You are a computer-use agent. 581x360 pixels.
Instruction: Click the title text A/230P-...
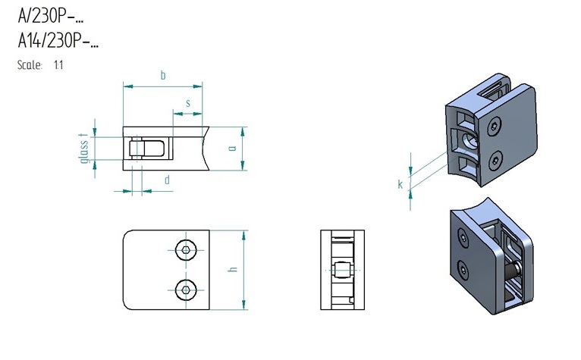point(51,16)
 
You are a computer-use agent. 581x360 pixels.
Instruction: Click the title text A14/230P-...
point(58,40)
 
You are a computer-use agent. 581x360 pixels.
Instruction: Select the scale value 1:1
point(58,65)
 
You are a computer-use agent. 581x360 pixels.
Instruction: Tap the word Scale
point(30,65)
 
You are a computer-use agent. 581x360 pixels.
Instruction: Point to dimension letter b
point(163,76)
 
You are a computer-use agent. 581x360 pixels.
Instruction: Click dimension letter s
point(188,103)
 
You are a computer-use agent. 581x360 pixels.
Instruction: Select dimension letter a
point(232,148)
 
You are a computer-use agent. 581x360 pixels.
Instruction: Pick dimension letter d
point(167,180)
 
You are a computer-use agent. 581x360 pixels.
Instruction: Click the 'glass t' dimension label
point(84,148)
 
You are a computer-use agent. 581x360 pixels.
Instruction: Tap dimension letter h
point(233,269)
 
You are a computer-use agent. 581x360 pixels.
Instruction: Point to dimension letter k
point(400,184)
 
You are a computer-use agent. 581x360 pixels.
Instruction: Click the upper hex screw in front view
point(186,250)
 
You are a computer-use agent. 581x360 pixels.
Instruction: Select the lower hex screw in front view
point(186,290)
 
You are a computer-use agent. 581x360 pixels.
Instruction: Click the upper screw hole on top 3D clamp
point(494,127)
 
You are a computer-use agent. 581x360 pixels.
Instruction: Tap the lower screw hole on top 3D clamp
point(496,161)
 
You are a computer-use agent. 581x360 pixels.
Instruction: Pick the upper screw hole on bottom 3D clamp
point(463,237)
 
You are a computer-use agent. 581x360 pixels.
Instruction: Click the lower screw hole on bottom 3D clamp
point(463,270)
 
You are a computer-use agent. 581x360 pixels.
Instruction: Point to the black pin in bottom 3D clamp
point(513,273)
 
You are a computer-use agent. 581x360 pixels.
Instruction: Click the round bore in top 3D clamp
point(470,141)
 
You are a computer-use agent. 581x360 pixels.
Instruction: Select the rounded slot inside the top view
point(146,149)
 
